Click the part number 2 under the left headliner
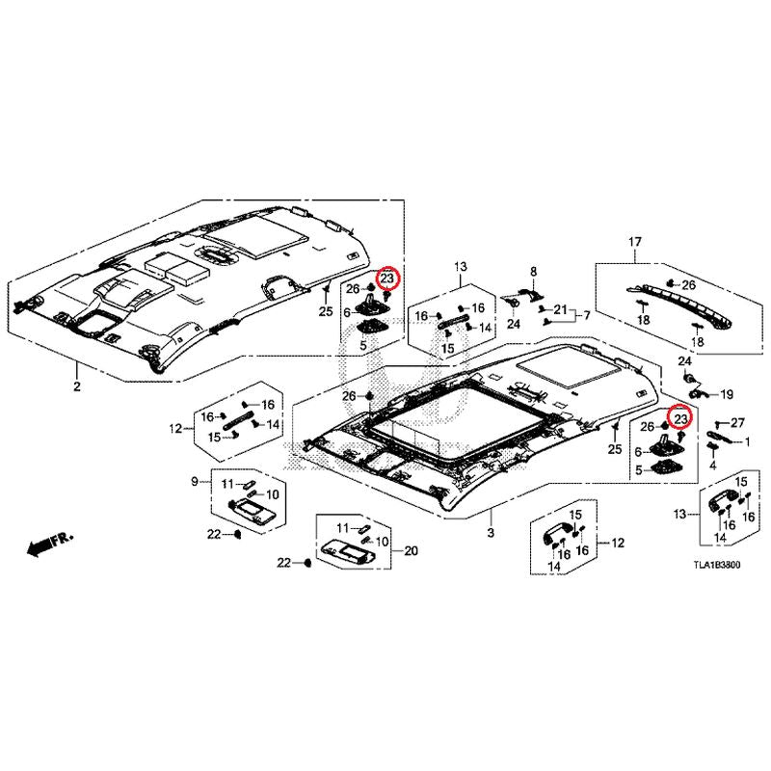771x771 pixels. pos(77,386)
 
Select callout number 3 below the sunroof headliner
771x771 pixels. pos(491,533)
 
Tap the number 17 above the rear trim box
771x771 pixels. pos(635,242)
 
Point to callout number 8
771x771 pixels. pos(534,272)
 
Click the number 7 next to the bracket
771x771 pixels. pos(587,315)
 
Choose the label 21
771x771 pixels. pos(560,309)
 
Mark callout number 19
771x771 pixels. pos(727,394)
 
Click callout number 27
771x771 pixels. pos(737,422)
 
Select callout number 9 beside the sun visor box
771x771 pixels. pos(195,481)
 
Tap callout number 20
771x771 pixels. pos(411,550)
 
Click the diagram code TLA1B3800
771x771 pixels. pos(716,565)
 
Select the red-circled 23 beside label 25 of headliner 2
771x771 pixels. pos(388,279)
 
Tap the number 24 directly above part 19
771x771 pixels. pos(685,361)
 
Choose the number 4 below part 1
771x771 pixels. pos(712,465)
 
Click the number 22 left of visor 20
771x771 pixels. pos(284,563)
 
